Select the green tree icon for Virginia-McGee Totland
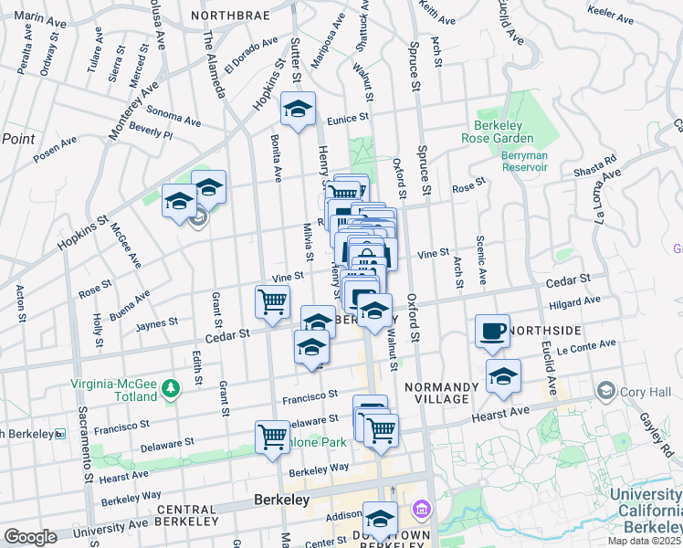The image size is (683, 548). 170,390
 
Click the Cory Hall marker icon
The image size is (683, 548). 604,392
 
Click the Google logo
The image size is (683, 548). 30,537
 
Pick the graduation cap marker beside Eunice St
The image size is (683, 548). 298,110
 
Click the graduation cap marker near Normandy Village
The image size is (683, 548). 502,375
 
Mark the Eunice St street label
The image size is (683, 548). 349,117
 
